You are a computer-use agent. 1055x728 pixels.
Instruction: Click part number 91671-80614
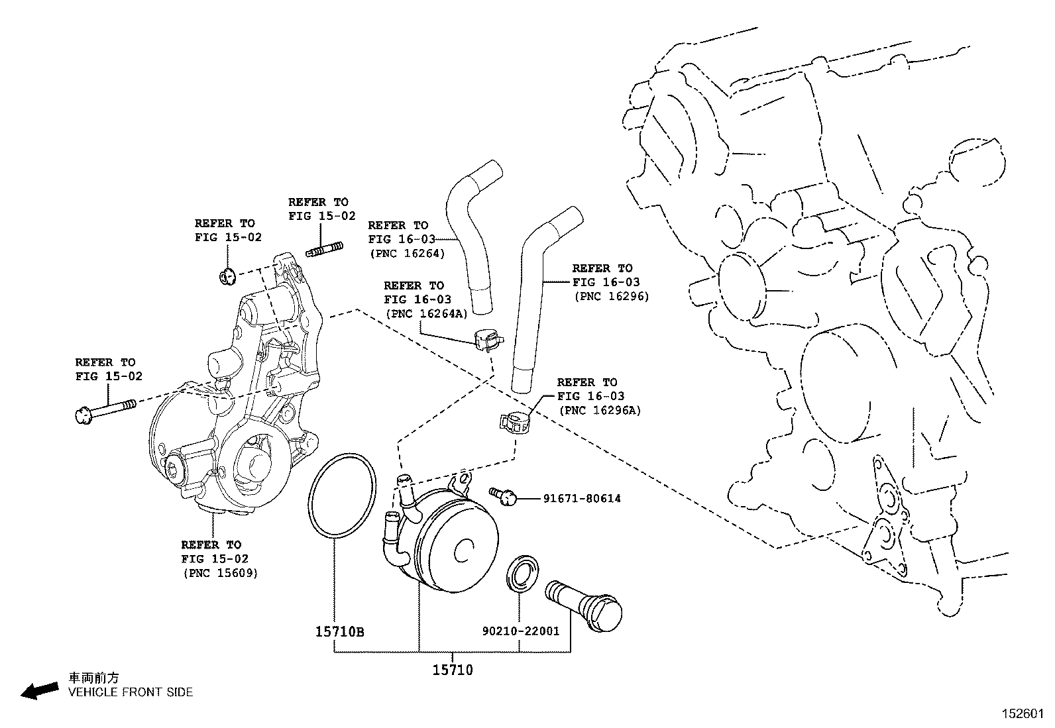point(582,498)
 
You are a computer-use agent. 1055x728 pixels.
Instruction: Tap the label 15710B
point(339,631)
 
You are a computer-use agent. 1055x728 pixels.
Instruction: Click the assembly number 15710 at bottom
point(453,670)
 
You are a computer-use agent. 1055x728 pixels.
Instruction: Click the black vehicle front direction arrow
point(38,690)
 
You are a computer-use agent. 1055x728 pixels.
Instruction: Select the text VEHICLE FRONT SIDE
point(131,692)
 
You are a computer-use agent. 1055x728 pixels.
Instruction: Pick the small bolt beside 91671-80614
point(503,495)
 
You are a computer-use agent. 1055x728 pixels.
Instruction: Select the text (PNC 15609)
point(220,572)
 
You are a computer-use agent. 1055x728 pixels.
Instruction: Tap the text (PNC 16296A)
point(600,410)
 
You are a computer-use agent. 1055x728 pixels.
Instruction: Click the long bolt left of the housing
point(106,409)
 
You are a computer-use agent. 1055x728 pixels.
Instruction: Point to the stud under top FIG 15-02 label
point(325,250)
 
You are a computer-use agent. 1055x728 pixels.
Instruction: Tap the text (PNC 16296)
point(611,296)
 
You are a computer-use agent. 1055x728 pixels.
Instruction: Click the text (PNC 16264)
point(406,253)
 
